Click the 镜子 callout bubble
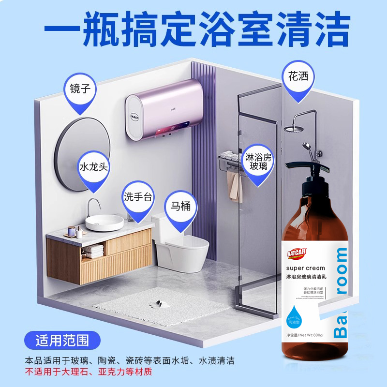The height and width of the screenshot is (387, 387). pos(80,91)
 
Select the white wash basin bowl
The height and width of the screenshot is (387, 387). pos(104,223)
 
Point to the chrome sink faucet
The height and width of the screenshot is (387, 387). pos(92,205)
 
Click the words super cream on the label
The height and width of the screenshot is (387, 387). pos(306,268)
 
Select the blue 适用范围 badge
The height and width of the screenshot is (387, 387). pos(62,340)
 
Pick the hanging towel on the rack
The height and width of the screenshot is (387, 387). pos(235,186)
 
